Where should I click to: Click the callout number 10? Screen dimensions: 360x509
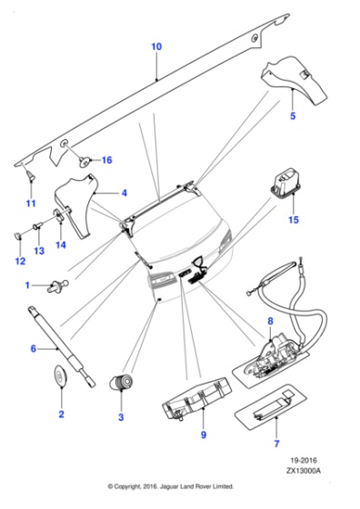pos(156,46)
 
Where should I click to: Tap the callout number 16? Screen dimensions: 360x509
pos(106,160)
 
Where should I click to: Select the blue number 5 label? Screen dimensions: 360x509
pos(293,116)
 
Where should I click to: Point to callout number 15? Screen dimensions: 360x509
pos(294,220)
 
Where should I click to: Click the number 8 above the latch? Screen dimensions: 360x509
pos(270,321)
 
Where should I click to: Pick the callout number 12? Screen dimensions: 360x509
pos(20,261)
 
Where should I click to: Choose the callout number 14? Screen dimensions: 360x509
pos(61,245)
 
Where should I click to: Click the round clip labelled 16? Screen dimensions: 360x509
pos(85,161)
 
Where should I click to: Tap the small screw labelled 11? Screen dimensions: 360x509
pos(31,175)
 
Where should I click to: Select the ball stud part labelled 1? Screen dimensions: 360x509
pos(58,285)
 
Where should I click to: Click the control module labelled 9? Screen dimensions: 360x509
pos(196,398)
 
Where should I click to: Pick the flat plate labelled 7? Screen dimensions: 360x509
pos(270,407)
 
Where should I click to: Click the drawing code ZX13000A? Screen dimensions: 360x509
pos(304,471)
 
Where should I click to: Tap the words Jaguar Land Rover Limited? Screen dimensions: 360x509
pos(201,486)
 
